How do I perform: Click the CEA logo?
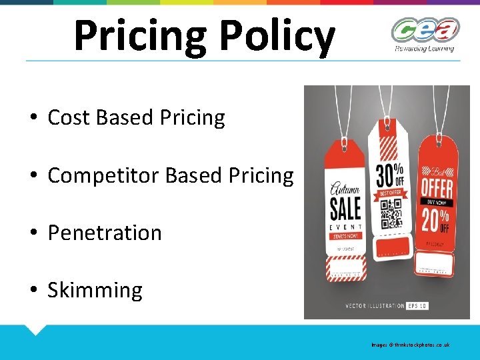coord(425,31)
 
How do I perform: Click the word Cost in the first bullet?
coord(69,118)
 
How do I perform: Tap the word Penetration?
coord(105,233)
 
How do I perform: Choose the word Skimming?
coord(95,291)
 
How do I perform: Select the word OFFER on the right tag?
coord(437,187)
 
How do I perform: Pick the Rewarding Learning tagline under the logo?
coord(425,48)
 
